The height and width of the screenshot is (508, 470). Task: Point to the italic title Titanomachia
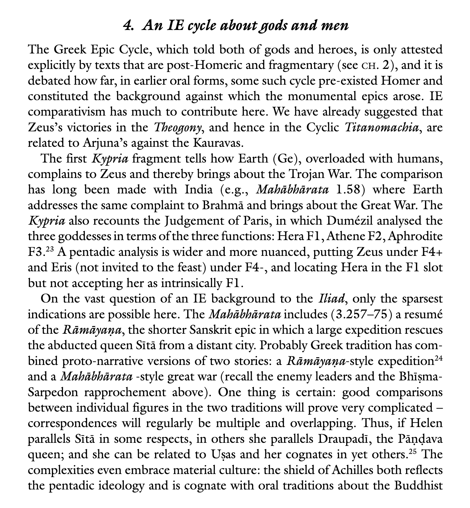coord(382,127)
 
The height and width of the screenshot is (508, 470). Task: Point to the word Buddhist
coord(418,486)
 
